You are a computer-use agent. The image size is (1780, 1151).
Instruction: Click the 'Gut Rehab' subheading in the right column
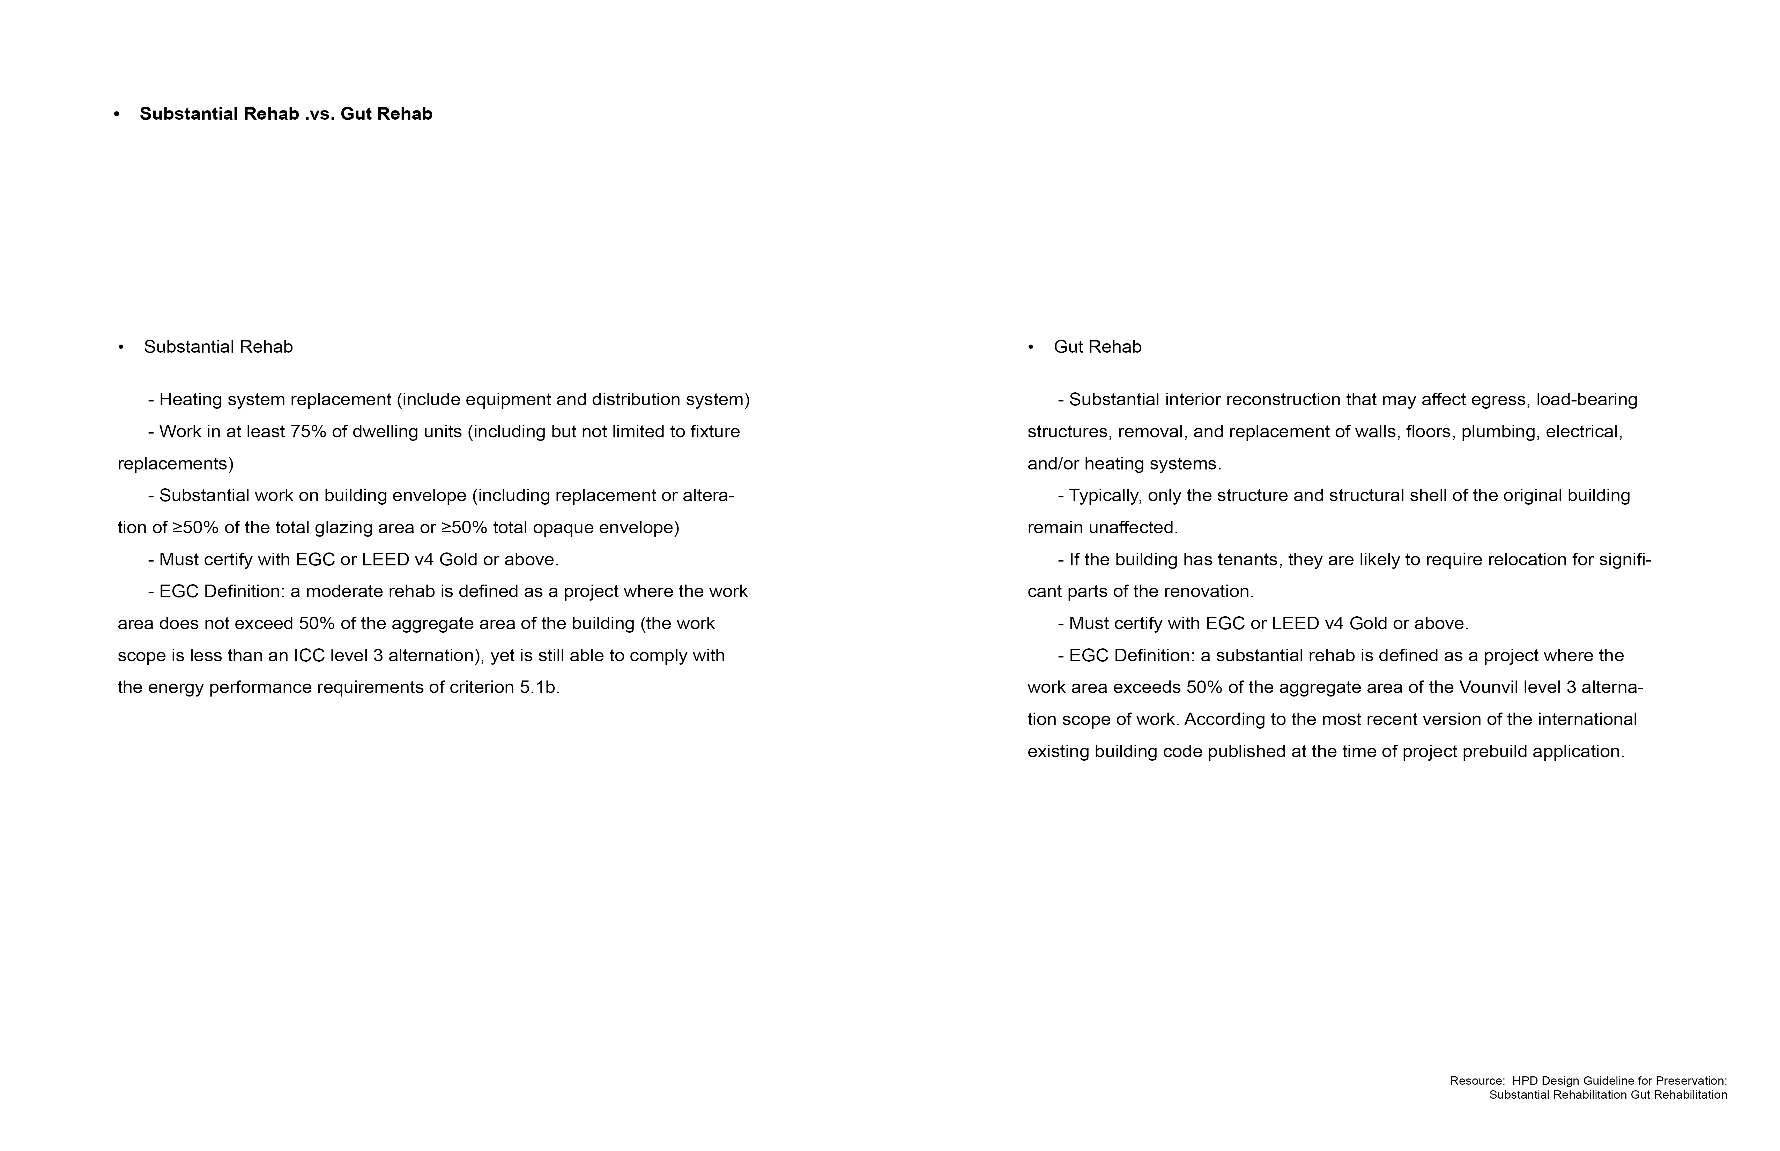(x=1097, y=347)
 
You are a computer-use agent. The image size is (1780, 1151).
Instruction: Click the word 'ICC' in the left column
(x=309, y=655)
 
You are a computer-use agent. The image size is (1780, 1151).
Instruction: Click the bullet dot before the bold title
(x=117, y=114)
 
